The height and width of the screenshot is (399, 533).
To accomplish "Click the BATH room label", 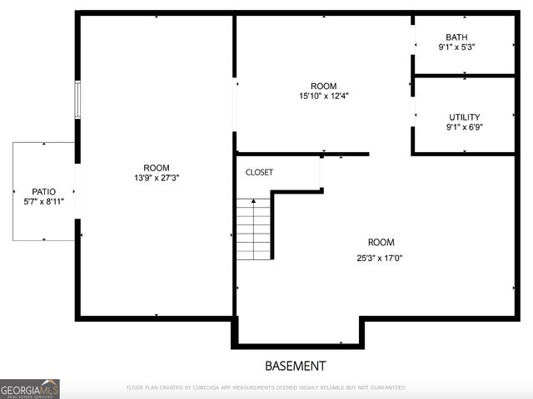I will [x=456, y=37].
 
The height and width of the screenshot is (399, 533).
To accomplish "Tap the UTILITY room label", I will [x=464, y=117].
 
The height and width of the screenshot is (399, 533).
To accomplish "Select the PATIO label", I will [x=44, y=192].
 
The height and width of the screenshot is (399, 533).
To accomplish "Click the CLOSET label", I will [x=259, y=173].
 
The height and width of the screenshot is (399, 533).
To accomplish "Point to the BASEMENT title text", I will [x=296, y=366].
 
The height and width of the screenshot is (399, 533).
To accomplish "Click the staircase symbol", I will [x=253, y=229].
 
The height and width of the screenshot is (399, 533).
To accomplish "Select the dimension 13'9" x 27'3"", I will [x=157, y=178].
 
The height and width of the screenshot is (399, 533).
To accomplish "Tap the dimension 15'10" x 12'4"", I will [x=324, y=96].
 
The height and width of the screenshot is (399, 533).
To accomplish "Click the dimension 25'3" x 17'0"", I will [x=381, y=258].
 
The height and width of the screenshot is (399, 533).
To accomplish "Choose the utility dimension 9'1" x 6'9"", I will [x=465, y=128].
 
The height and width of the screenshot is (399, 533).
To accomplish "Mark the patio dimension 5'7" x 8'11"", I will [x=44, y=202].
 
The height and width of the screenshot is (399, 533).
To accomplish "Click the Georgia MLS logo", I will [x=29, y=389].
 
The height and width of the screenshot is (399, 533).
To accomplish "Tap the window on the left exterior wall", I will [x=77, y=100].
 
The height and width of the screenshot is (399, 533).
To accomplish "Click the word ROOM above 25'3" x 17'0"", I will [x=381, y=243].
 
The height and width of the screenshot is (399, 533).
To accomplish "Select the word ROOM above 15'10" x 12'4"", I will [x=324, y=86].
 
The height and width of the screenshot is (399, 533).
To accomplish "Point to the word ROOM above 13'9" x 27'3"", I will [x=157, y=168].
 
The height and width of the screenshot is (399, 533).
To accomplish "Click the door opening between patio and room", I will [x=77, y=191].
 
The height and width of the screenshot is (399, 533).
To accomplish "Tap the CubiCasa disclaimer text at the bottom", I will [x=266, y=387].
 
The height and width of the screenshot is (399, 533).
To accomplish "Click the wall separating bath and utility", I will [x=465, y=76].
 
